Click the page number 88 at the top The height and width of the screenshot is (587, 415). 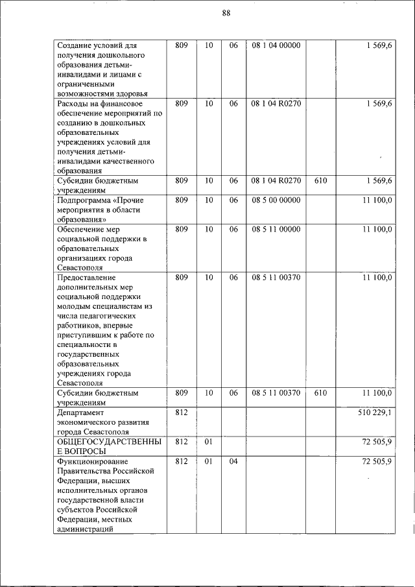pos(226,13)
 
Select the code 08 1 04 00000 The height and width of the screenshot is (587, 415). pos(276,45)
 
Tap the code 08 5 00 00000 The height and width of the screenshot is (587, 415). pos(276,200)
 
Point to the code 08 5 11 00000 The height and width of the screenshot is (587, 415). pos(276,229)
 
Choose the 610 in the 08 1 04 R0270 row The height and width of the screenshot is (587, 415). pos(320,181)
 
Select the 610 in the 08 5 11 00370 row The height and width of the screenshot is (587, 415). pos(320,392)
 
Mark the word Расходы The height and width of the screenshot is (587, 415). pos(73,103)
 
